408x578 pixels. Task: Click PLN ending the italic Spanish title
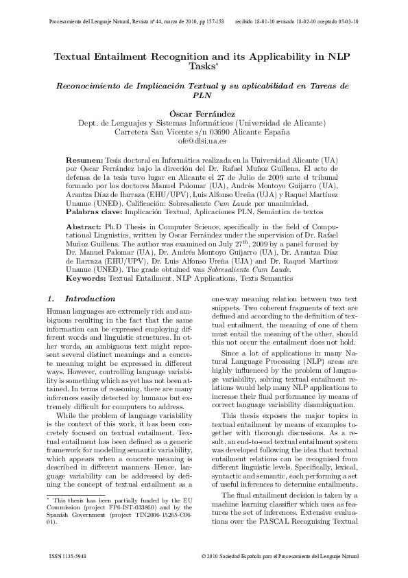[x=203, y=96]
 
